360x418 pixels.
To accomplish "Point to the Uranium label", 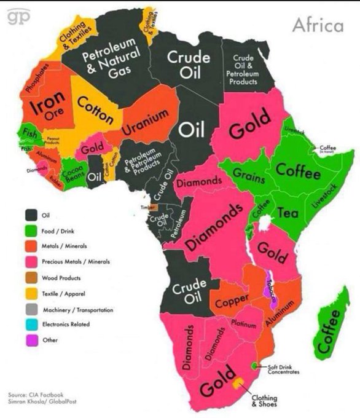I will click(145, 122).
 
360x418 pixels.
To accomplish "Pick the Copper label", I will click(231, 301).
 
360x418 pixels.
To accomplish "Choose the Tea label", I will click(288, 213).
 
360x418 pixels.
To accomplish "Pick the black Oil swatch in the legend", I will click(30, 215).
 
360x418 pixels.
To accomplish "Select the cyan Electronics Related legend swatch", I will click(30, 324).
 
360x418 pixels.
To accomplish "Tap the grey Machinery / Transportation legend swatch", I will click(30, 309).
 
